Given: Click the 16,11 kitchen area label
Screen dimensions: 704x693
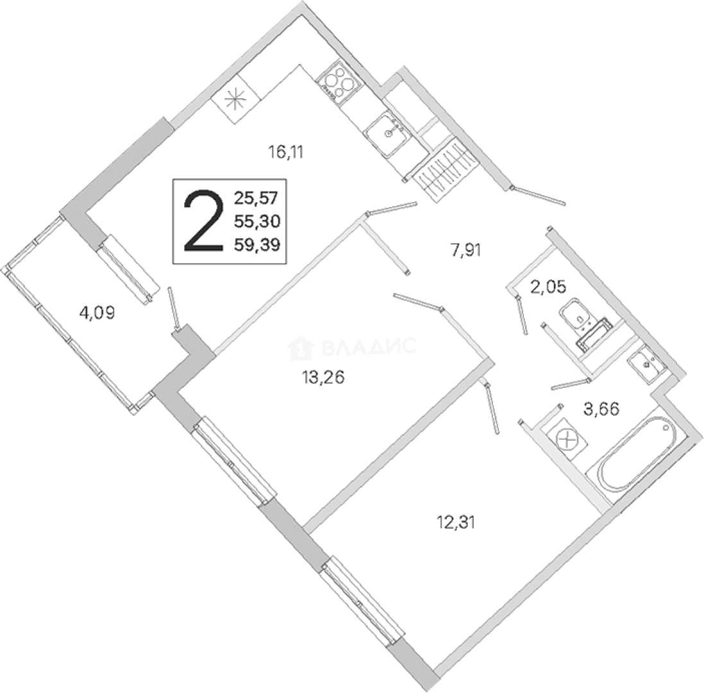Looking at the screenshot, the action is pyautogui.click(x=286, y=153).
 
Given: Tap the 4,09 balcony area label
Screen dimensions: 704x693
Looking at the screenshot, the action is pyautogui.click(x=97, y=312).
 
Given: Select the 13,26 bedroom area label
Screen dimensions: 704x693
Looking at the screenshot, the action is pyautogui.click(x=323, y=378).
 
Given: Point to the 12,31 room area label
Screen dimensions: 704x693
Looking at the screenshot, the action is pyautogui.click(x=455, y=522).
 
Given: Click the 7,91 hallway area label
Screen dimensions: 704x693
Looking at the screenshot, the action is pyautogui.click(x=466, y=250).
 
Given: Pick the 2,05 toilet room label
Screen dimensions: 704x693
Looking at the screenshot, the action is pyautogui.click(x=548, y=286).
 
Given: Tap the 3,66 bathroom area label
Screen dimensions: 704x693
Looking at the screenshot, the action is pyautogui.click(x=601, y=409).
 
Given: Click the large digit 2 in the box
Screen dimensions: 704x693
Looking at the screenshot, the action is pyautogui.click(x=204, y=221).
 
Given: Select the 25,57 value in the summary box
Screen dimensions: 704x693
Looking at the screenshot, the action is pyautogui.click(x=257, y=198).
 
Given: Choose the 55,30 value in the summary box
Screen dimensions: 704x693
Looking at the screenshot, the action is pyautogui.click(x=257, y=221).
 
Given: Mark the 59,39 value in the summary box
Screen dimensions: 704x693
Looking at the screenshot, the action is pyautogui.click(x=257, y=244).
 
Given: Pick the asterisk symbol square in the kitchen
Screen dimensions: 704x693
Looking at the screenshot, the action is pyautogui.click(x=236, y=99).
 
